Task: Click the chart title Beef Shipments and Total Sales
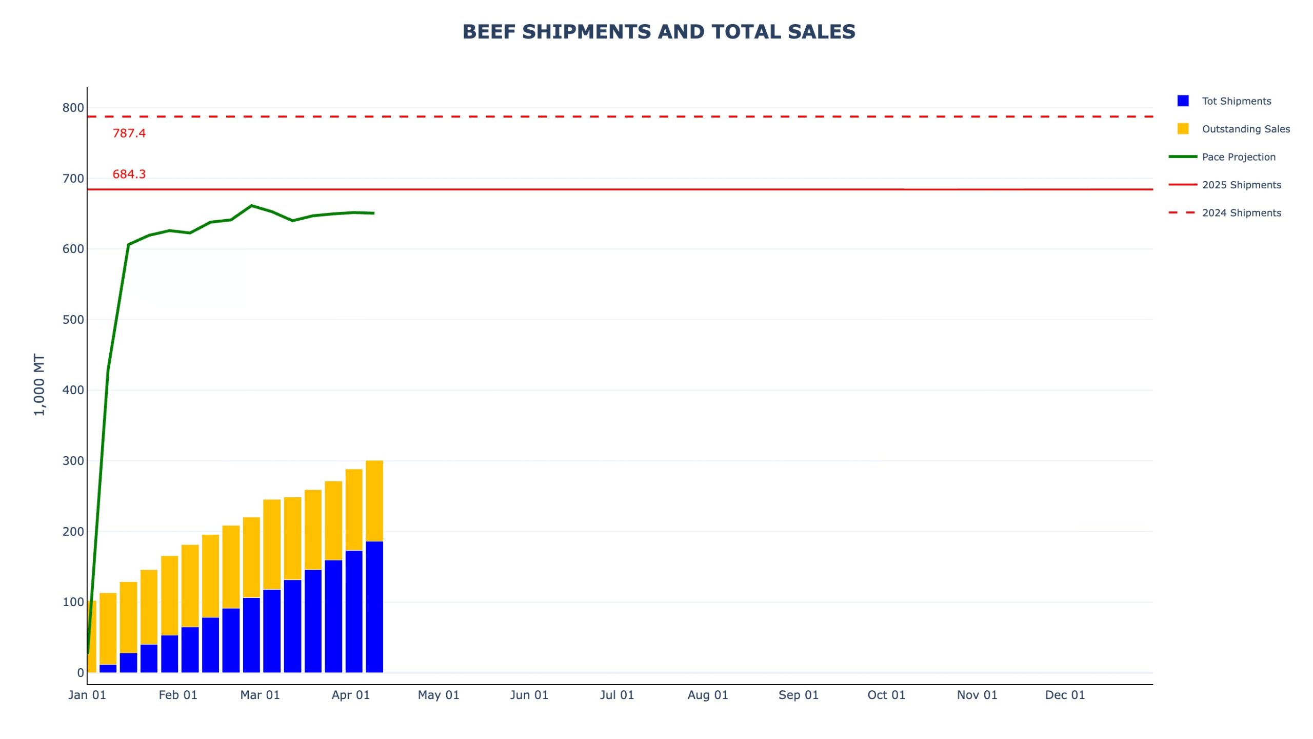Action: tap(659, 32)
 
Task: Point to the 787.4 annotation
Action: tap(129, 133)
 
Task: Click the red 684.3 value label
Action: tap(129, 174)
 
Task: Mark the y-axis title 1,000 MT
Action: tap(39, 384)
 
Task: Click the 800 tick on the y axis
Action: tap(73, 108)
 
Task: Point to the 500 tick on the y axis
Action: tap(73, 320)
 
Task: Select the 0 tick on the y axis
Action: tap(81, 672)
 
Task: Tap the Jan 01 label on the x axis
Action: tap(87, 695)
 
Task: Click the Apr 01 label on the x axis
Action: tap(351, 695)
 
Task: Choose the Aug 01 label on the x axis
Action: tap(708, 695)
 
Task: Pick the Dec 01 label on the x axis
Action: tap(1065, 695)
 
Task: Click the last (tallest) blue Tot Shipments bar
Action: tap(374, 607)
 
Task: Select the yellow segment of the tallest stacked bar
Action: tap(374, 501)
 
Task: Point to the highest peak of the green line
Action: tap(251, 206)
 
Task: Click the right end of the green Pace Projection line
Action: tap(373, 213)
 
